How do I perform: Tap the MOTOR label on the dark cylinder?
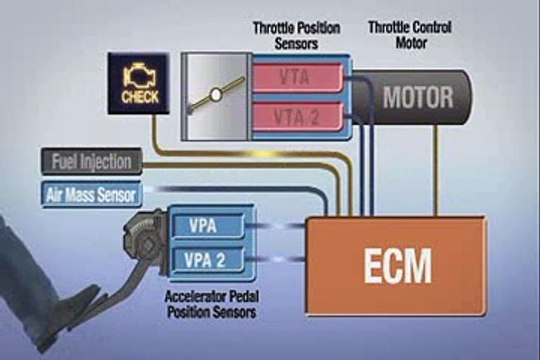tap(418, 98)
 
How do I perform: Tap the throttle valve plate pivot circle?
tap(213, 98)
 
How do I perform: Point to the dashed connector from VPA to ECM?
tap(275, 226)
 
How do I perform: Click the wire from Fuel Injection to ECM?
tap(240, 161)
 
